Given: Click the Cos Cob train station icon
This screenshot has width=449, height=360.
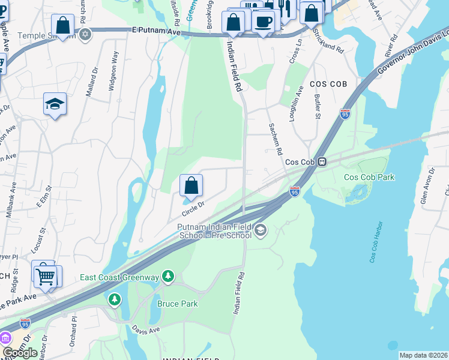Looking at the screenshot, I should coord(322,161).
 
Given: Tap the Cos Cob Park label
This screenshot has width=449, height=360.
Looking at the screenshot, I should coord(369,177).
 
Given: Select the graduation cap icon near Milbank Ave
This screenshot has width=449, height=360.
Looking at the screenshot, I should coord(55,104).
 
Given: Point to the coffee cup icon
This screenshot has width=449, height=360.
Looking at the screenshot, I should coord(264,22).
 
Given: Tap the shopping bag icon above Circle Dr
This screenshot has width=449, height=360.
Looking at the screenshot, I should coord(191,185).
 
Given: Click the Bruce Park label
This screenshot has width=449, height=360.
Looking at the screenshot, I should coord(178,304).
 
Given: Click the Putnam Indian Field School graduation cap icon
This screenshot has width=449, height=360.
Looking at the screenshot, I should coord(261,230).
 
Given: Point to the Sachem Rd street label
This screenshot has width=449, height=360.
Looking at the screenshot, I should coord(276,139).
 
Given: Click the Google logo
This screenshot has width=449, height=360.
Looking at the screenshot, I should coord(20,353).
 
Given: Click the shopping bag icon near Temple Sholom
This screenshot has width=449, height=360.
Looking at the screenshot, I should coord(62,25).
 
